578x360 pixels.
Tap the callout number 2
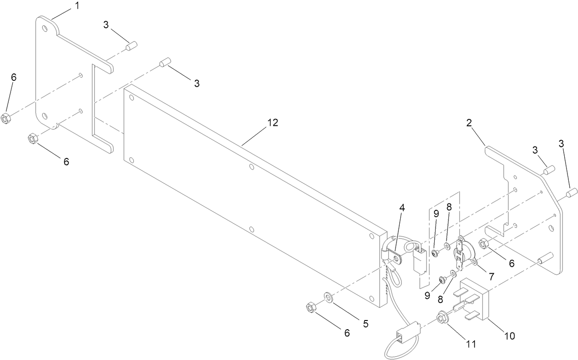[x=470, y=123]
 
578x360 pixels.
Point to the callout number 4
[x=402, y=208]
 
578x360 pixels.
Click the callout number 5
[x=365, y=323]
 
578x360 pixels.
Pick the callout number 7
[x=491, y=276]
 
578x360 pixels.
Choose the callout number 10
[x=510, y=336]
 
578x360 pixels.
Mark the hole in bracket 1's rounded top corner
[x=45, y=29]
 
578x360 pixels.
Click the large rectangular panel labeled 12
[x=239, y=197]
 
